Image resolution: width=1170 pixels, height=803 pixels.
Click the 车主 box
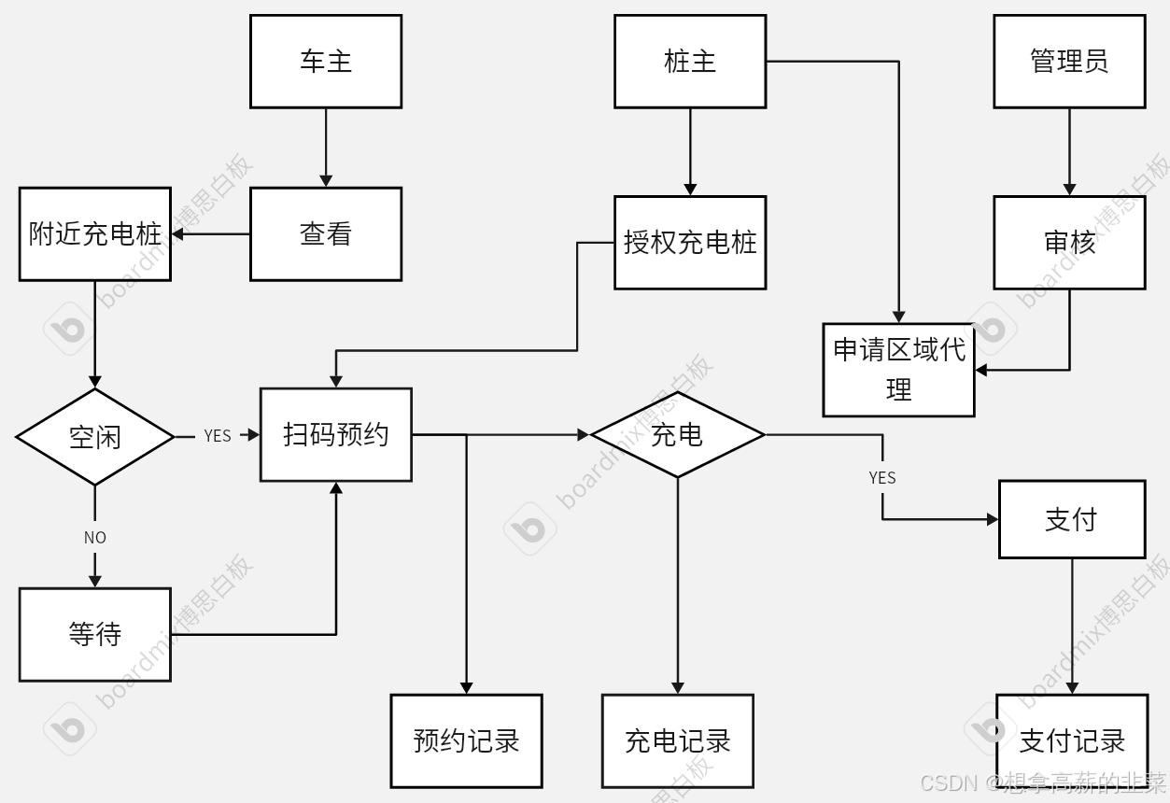coord(326,62)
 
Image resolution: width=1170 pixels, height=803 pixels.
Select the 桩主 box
coord(690,62)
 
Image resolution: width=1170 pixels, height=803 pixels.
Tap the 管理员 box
coord(1069,62)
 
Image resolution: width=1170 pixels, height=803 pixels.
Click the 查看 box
coord(326,233)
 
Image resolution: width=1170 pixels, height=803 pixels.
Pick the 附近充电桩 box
coord(95,233)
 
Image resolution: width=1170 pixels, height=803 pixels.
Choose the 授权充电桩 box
coord(690,243)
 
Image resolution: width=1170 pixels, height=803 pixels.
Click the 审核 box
coord(1069,243)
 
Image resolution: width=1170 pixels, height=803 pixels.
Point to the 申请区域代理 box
coord(898,370)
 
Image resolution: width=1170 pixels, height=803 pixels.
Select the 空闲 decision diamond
coord(95,436)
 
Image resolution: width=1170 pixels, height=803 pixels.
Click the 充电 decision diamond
coord(678,434)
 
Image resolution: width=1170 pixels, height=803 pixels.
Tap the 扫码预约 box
coord(336,435)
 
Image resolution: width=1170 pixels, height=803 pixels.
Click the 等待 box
coord(95,635)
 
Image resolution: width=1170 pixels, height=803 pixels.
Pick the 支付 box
coord(1072,519)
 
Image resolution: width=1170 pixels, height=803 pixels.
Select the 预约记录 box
coord(466,741)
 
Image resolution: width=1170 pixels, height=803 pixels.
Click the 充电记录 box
coord(678,741)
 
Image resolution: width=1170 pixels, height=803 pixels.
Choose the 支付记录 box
coord(1072,741)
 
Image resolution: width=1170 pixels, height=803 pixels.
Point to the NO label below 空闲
coord(95,538)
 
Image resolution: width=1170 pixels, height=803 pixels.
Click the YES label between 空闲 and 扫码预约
coord(218,436)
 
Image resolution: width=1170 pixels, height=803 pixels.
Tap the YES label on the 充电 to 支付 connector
coord(882,478)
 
